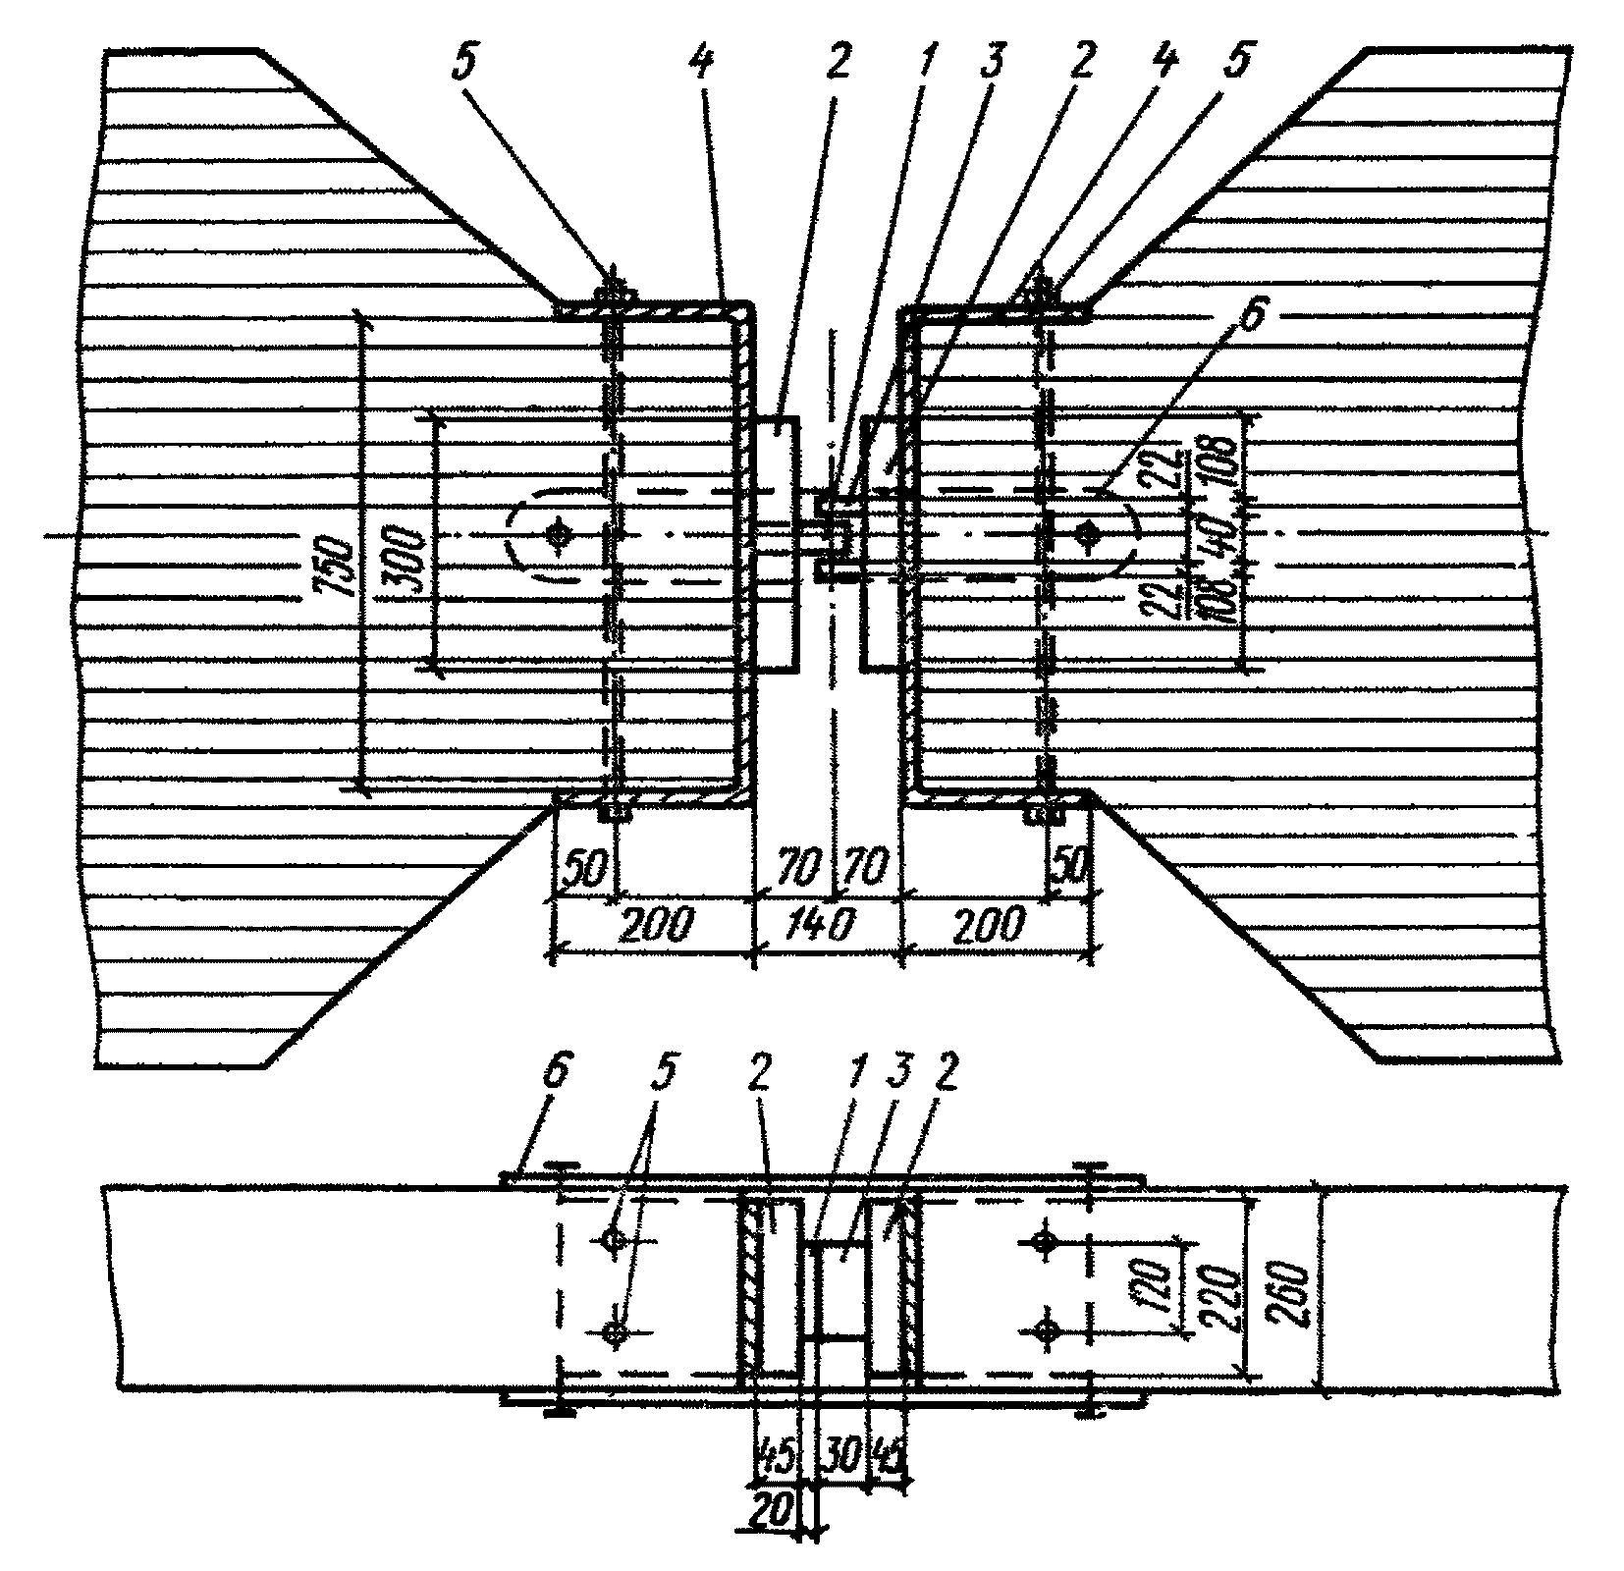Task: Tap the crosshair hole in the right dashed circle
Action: tap(1086, 534)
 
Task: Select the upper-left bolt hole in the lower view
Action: tap(614, 1240)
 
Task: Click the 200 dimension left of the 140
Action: tap(658, 925)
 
